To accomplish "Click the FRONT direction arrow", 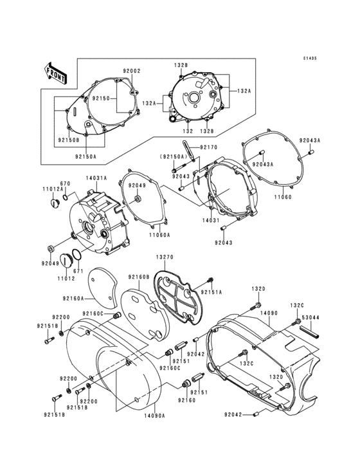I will tap(57, 73).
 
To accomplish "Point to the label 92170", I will tap(209, 148).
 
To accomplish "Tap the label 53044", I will tap(311, 317).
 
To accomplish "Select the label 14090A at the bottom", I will tap(154, 416).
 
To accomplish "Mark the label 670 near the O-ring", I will tap(65, 183).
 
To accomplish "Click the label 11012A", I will tap(53, 190).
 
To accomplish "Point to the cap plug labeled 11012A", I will tap(55, 205).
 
